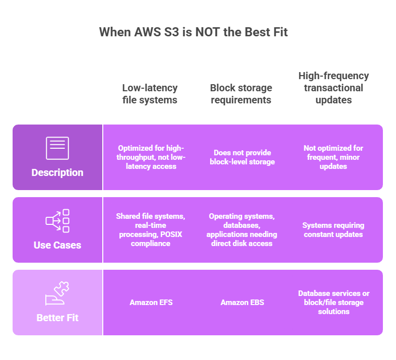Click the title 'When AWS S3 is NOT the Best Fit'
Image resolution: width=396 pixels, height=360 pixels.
pos(193,32)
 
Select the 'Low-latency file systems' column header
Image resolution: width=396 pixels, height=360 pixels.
pos(150,94)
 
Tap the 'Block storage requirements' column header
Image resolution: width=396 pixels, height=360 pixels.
pos(241,94)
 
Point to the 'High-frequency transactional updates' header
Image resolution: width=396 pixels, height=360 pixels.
pos(334,88)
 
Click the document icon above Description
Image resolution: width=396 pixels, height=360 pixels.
pos(57,148)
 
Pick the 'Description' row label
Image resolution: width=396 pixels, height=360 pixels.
pos(57,172)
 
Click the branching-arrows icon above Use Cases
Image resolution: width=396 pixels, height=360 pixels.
pos(57,221)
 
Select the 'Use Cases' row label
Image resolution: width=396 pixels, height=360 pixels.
pos(57,245)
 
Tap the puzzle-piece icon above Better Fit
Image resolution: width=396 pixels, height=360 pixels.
pos(57,293)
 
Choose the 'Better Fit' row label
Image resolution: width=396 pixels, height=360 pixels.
pos(57,318)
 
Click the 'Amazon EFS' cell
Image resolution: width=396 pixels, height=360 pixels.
pos(151,303)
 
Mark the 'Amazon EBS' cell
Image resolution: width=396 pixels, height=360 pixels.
pos(242,303)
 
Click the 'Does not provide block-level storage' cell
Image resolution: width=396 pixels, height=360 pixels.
pos(242,157)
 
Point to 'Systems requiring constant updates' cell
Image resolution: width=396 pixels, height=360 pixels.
pos(334,230)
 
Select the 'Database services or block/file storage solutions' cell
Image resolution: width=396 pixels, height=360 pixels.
pos(334,303)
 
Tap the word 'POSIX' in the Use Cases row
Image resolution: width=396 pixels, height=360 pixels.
pos(171,234)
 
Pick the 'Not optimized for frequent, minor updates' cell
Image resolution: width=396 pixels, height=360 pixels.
pos(334,157)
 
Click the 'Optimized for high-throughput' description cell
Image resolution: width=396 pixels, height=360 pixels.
pos(151,157)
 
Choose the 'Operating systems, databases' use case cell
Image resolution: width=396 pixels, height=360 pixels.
pos(242,230)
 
